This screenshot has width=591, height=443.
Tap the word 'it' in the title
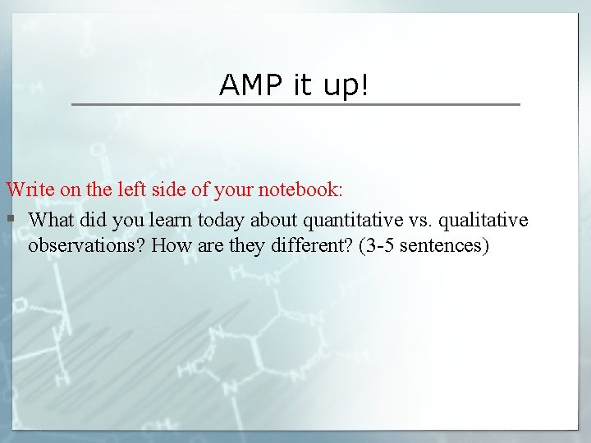coord(301,84)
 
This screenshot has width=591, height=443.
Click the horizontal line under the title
coord(295,104)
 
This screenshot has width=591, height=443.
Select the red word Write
coord(30,190)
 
